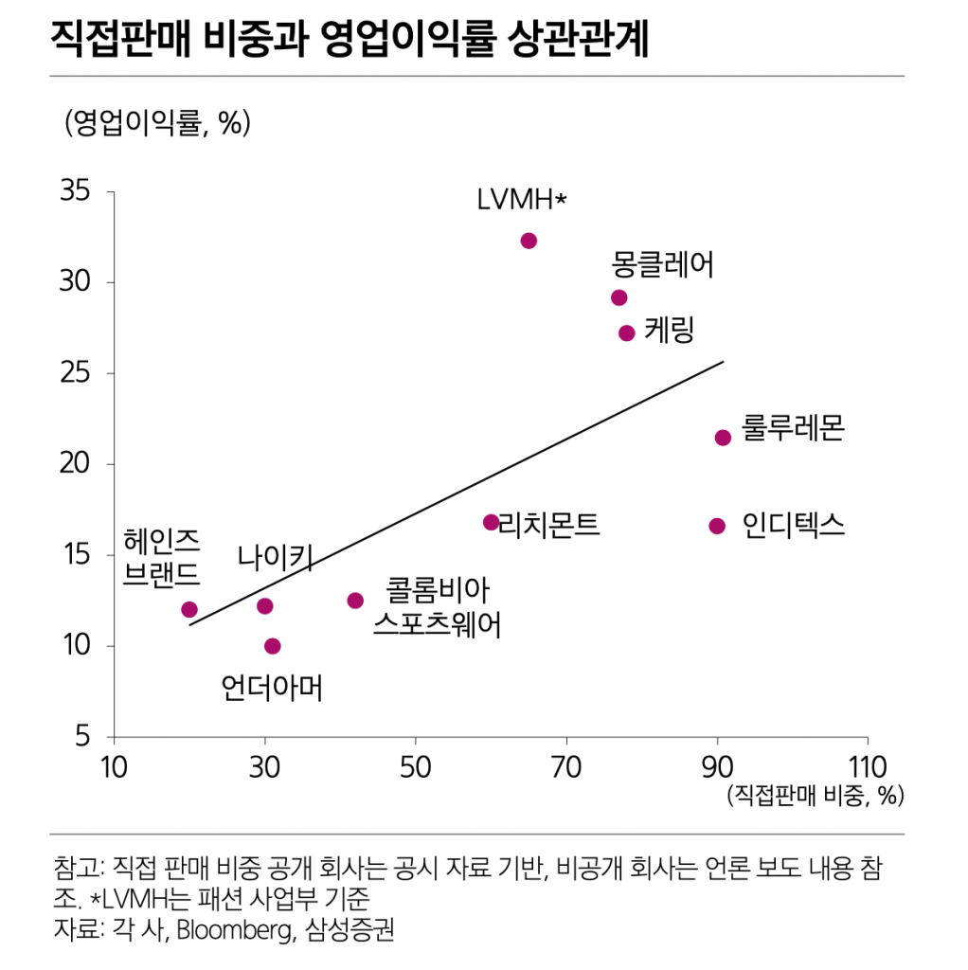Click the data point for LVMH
point(529,241)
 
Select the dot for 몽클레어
point(619,297)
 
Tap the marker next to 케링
point(627,333)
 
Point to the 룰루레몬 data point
point(723,438)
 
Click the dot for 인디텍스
point(717,526)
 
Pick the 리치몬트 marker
point(491,522)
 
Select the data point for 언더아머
point(273,646)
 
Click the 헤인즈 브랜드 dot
point(189,609)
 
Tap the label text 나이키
point(275,559)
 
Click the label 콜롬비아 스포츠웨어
point(437,608)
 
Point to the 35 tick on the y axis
point(75,192)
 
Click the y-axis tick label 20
point(75,464)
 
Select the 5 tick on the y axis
point(81,737)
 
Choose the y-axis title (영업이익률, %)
point(157,123)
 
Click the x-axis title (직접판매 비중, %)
point(815,795)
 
